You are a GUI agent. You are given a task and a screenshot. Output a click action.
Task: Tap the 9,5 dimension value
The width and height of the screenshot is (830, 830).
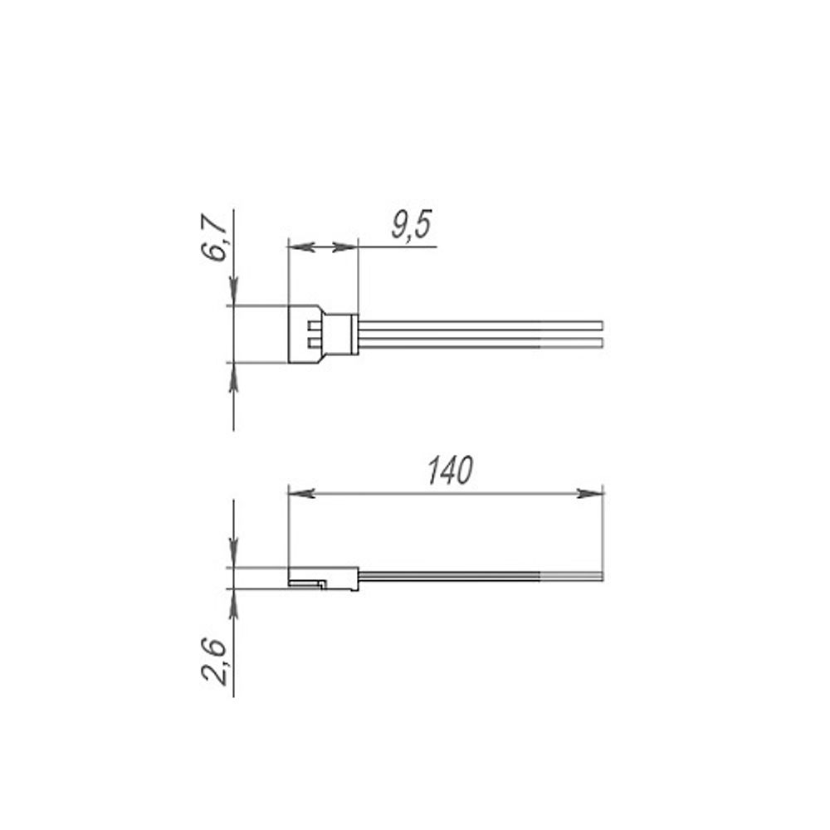click(x=412, y=224)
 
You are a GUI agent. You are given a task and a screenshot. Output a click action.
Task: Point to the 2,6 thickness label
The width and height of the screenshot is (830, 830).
click(x=214, y=662)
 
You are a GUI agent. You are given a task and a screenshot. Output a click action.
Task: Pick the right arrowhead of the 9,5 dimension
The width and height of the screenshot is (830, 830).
click(x=345, y=247)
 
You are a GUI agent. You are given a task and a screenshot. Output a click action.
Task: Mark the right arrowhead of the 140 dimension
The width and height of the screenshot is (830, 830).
click(x=589, y=493)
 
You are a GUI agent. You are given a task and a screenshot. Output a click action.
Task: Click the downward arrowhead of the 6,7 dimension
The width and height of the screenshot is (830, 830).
click(x=233, y=292)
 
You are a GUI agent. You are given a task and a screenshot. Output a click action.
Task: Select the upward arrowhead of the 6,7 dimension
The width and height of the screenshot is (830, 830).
click(x=233, y=376)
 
